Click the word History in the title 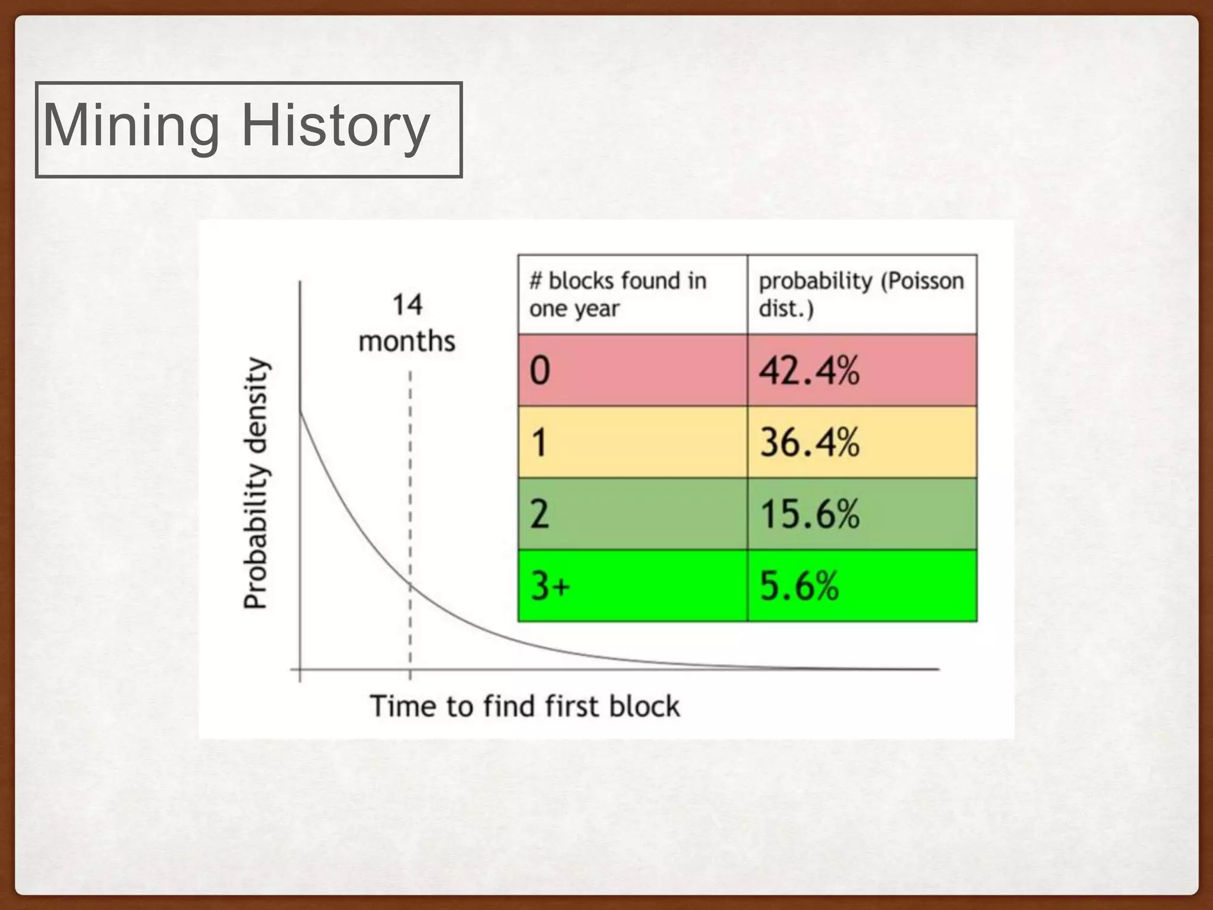335,126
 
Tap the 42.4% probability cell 862,370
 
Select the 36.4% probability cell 862,442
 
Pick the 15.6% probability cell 862,514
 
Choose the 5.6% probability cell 862,585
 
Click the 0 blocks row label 632,370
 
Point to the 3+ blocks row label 632,585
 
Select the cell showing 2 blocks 632,514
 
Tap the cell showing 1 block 632,442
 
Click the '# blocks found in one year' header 618,294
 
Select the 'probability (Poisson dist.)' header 861,294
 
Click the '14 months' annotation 407,323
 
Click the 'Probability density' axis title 256,483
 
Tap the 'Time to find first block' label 525,706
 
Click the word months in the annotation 407,342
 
